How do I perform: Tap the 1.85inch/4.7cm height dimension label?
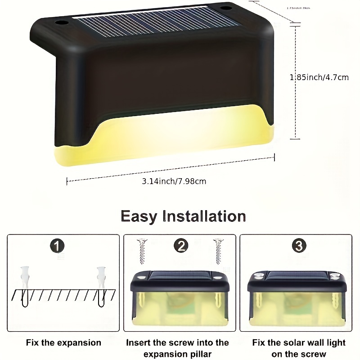click(x=319, y=77)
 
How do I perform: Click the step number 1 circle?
click(x=57, y=246)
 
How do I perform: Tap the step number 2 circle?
click(x=181, y=246)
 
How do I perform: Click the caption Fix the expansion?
click(x=63, y=343)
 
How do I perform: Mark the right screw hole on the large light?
click(x=224, y=9)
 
